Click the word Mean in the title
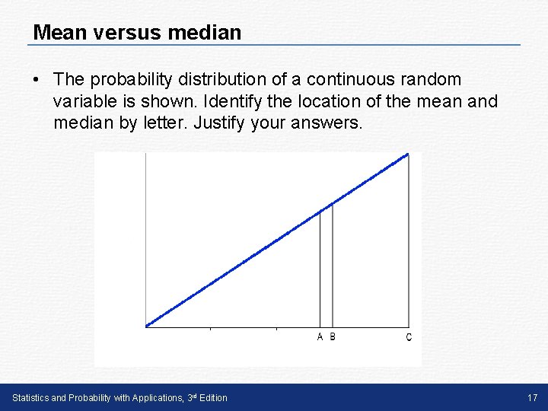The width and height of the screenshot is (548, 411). pos(57,33)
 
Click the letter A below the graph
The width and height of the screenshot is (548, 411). pos(320,337)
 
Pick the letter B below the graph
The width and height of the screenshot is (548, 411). pos(333,337)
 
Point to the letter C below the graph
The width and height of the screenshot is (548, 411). pos(409,337)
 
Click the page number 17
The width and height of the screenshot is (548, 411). pos(531,397)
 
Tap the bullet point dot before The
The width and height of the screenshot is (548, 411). pos(36,80)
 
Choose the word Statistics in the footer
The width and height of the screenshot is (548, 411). pos(30,397)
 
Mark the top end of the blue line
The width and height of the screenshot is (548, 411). pos(408,155)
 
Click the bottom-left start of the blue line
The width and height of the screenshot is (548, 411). pos(147,326)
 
